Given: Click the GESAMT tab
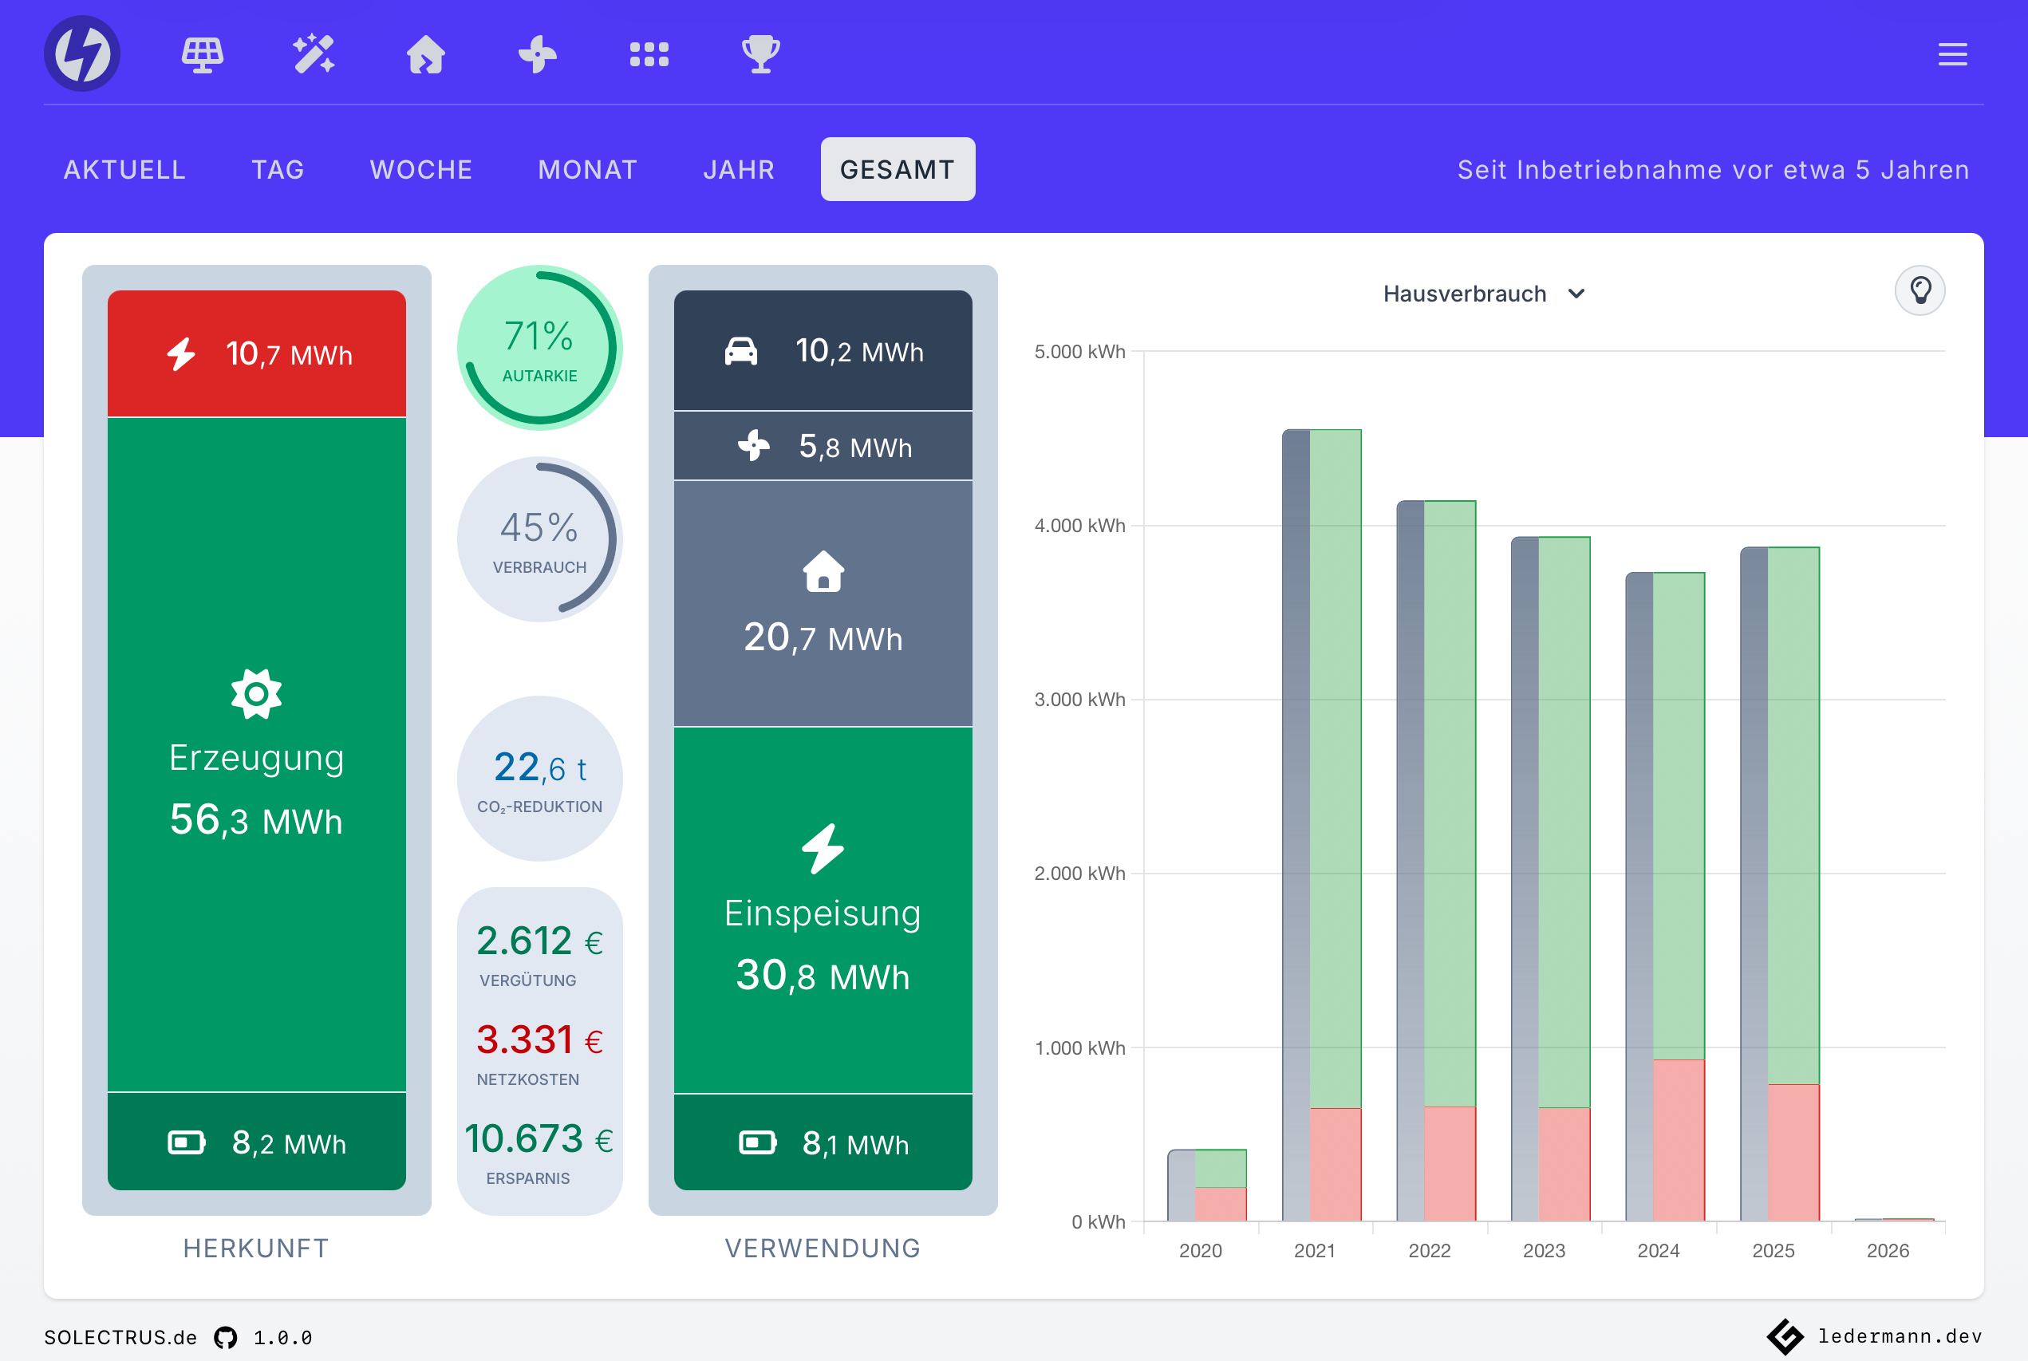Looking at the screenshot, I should pyautogui.click(x=898, y=169).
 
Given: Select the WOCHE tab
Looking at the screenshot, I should pyautogui.click(x=421, y=169).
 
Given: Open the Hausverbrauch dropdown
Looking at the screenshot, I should pyautogui.click(x=1483, y=294).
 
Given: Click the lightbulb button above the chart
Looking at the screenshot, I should pyautogui.click(x=1919, y=290).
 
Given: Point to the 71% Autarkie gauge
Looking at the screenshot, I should pyautogui.click(x=540, y=348).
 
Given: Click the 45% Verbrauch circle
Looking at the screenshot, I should pyautogui.click(x=540, y=540).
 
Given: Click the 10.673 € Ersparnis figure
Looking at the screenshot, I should pyautogui.click(x=539, y=1138).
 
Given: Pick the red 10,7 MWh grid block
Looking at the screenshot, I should pyautogui.click(x=257, y=354).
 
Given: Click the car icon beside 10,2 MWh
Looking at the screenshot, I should pyautogui.click(x=740, y=352).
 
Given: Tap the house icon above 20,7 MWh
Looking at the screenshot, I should pyautogui.click(x=823, y=572).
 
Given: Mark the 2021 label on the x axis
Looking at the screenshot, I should pyautogui.click(x=1314, y=1251).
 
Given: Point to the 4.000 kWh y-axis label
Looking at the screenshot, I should pyautogui.click(x=1079, y=526).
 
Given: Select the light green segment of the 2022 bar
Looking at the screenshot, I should pyautogui.click(x=1449, y=803).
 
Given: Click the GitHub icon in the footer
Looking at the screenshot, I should pyautogui.click(x=226, y=1338).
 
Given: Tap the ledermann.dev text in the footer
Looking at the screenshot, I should pyautogui.click(x=1900, y=1335).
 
